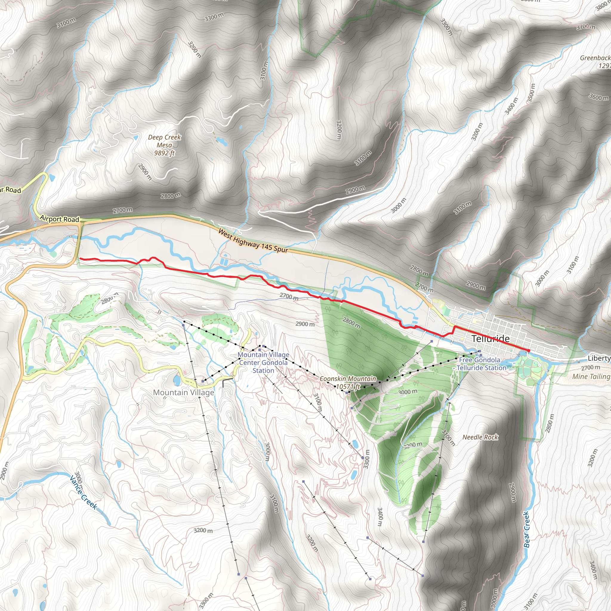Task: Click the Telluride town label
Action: coord(490,339)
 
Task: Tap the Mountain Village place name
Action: coord(183,393)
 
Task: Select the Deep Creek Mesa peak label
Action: coord(164,141)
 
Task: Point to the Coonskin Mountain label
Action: coord(348,379)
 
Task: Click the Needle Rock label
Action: coord(480,437)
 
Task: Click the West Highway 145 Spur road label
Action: coord(253,241)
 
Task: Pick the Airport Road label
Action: coord(59,219)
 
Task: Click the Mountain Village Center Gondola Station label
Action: coord(263,363)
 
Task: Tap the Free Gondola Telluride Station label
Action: coord(480,364)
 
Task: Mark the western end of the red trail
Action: coord(80,259)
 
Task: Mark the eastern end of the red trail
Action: coord(529,351)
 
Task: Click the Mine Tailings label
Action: coord(591,376)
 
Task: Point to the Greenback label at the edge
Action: coord(595,58)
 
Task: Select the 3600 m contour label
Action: coord(598,97)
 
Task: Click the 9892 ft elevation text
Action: coord(164,153)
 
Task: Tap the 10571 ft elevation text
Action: coord(348,386)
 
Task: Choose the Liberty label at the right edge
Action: coord(599,358)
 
